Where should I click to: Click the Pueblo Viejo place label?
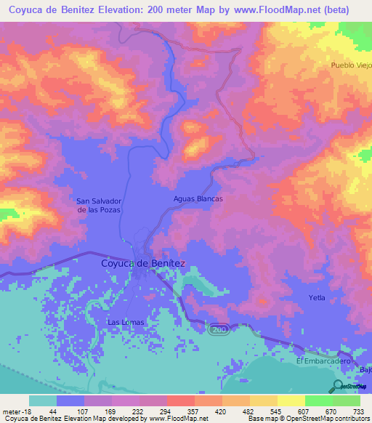coord(351,65)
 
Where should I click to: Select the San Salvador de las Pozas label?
coord(99,204)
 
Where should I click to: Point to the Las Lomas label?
coord(126,322)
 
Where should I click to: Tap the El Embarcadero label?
coord(323,360)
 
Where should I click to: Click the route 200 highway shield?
coord(219,329)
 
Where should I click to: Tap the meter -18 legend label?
coord(15,411)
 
